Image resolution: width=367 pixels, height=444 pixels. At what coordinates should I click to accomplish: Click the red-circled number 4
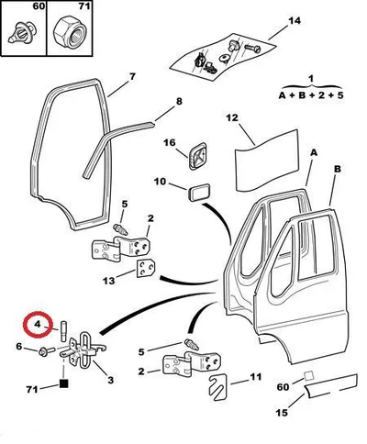click(38, 324)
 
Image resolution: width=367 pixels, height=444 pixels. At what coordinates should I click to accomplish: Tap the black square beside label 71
click(63, 383)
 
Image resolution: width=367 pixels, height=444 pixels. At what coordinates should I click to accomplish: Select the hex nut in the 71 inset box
click(70, 32)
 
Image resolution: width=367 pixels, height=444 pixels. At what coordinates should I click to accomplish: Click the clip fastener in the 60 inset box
click(22, 31)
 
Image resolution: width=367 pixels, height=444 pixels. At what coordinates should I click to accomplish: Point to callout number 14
click(295, 21)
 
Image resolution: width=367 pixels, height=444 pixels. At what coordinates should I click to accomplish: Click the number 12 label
click(232, 117)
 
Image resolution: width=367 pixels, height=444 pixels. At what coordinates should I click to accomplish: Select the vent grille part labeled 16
click(196, 156)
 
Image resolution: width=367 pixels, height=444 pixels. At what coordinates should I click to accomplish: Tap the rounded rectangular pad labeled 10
click(199, 192)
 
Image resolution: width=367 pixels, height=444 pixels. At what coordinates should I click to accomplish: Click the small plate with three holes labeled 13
click(146, 268)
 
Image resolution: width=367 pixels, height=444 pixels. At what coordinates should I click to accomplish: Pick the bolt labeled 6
click(47, 351)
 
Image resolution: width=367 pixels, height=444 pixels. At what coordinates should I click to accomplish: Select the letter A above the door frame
click(314, 152)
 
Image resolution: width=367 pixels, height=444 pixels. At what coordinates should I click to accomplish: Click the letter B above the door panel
click(338, 169)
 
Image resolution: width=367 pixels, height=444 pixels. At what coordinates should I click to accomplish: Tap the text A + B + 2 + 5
click(311, 94)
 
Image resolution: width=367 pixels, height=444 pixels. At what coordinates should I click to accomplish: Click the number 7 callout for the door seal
click(132, 76)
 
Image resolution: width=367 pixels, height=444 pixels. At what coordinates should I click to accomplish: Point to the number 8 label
click(179, 101)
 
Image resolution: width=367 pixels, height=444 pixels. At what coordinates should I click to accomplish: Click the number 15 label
click(282, 413)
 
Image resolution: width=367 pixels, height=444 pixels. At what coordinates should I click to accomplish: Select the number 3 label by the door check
click(110, 380)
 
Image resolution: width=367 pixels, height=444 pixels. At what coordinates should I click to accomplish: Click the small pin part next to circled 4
click(64, 331)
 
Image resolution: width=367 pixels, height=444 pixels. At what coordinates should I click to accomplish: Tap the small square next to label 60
click(308, 375)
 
